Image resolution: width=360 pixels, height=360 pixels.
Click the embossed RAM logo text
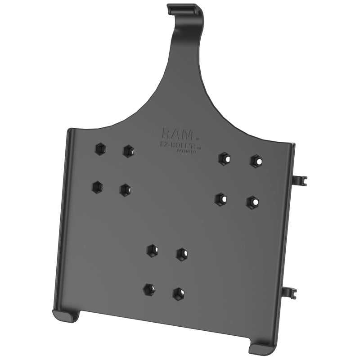[x=178, y=134]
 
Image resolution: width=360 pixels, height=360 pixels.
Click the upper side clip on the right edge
[x=298, y=180]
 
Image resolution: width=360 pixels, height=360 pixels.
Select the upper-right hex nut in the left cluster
[x=129, y=151]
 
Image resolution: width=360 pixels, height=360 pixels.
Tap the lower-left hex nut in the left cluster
[x=97, y=186]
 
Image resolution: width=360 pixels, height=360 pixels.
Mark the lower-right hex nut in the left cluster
[x=126, y=189]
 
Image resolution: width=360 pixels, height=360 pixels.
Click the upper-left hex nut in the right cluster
[x=224, y=158]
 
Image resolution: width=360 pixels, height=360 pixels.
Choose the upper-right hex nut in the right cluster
[x=256, y=161]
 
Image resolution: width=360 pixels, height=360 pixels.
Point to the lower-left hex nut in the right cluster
[x=220, y=199]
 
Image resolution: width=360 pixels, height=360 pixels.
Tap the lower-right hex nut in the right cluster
[x=253, y=202]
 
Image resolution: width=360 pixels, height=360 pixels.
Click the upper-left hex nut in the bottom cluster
[x=152, y=250]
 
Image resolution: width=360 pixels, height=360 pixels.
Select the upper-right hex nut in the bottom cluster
[x=182, y=254]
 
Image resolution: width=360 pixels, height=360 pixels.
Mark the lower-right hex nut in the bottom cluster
[x=179, y=294]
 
